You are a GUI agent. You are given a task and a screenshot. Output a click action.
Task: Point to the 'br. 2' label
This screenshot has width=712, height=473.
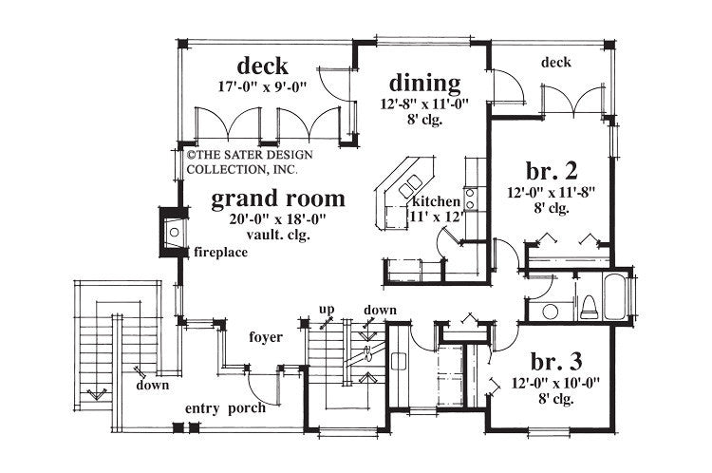(x=552, y=172)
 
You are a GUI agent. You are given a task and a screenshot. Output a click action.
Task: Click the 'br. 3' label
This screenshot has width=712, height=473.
(x=557, y=362)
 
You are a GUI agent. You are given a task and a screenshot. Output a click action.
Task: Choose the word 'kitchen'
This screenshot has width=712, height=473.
(x=436, y=202)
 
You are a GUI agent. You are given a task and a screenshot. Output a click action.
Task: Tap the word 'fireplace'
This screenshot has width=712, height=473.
(x=221, y=253)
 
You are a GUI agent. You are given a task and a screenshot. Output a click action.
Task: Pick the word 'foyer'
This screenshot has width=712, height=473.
(x=265, y=336)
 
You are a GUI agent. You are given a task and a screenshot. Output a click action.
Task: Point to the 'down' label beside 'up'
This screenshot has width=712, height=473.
(x=380, y=311)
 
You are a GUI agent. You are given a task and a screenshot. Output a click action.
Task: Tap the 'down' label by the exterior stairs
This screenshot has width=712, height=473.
(x=152, y=386)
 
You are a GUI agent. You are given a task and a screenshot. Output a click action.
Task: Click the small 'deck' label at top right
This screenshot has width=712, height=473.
(x=556, y=64)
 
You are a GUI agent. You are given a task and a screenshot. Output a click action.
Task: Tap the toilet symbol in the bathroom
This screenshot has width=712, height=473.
(x=587, y=306)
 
